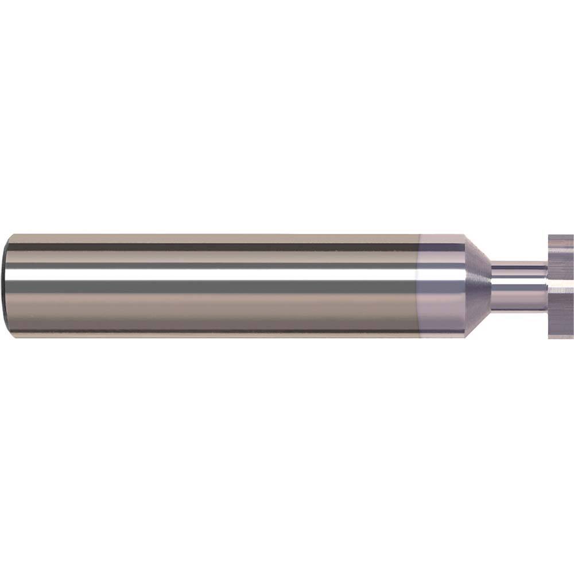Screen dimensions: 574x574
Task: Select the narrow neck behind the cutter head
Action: point(519,286)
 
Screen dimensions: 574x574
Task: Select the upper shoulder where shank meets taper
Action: point(464,235)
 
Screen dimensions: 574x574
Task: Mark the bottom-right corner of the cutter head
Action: point(572,338)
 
